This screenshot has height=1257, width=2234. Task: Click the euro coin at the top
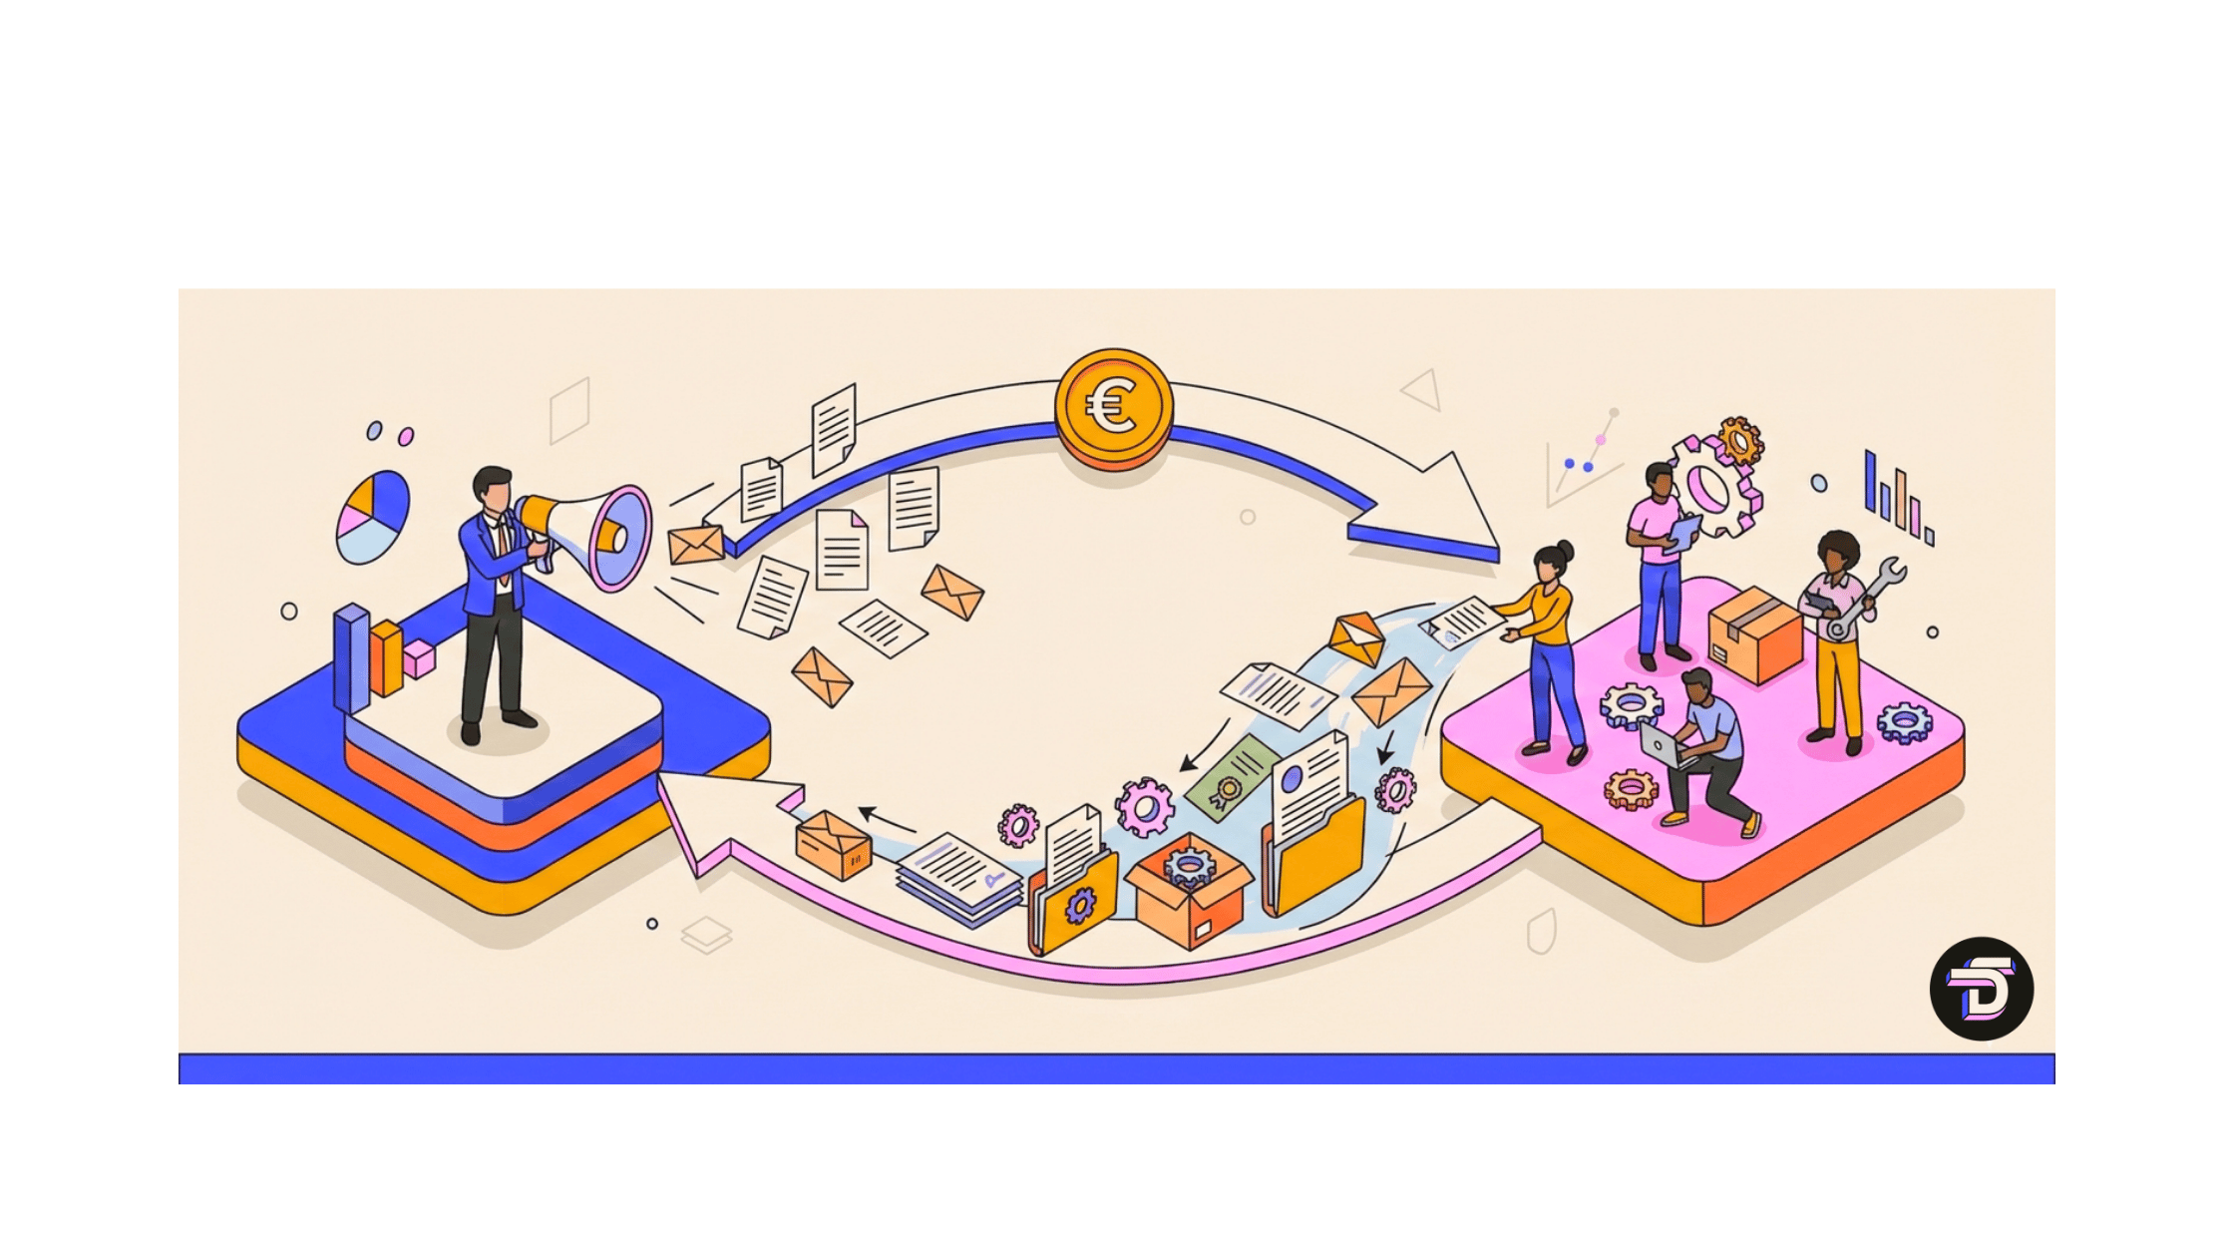click(x=1113, y=406)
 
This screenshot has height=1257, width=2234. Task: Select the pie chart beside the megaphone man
click(x=373, y=517)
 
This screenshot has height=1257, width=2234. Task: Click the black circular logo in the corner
click(x=1981, y=989)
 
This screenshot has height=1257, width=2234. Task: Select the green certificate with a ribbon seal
click(x=1232, y=779)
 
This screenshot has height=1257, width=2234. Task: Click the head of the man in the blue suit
click(x=492, y=488)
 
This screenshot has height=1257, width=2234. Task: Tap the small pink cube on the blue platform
click(x=418, y=658)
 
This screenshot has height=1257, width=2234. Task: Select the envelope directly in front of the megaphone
click(x=696, y=545)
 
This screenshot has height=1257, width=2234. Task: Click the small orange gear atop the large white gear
click(x=1740, y=440)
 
